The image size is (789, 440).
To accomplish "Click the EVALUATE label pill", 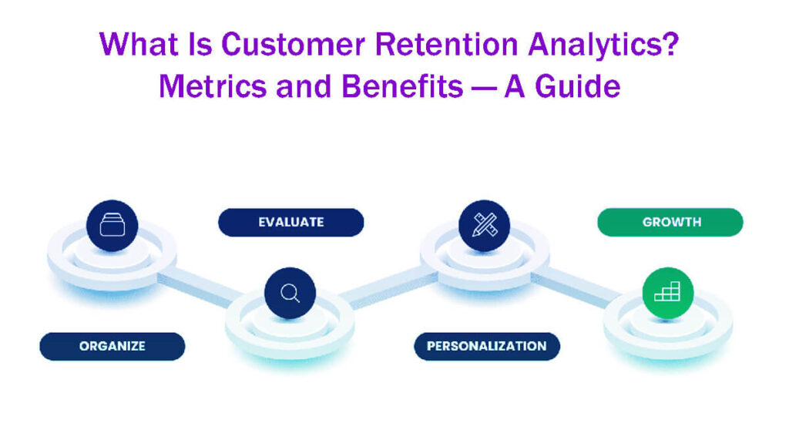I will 290,222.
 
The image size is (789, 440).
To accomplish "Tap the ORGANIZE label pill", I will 112,346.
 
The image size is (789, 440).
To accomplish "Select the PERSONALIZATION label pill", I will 487,346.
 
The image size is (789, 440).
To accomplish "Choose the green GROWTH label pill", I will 671,222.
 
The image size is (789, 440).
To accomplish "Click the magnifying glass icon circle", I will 290,293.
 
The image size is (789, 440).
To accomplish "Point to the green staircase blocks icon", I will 667,292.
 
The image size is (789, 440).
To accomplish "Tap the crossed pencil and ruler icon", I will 484,225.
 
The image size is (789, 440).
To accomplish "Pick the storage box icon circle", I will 112,226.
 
